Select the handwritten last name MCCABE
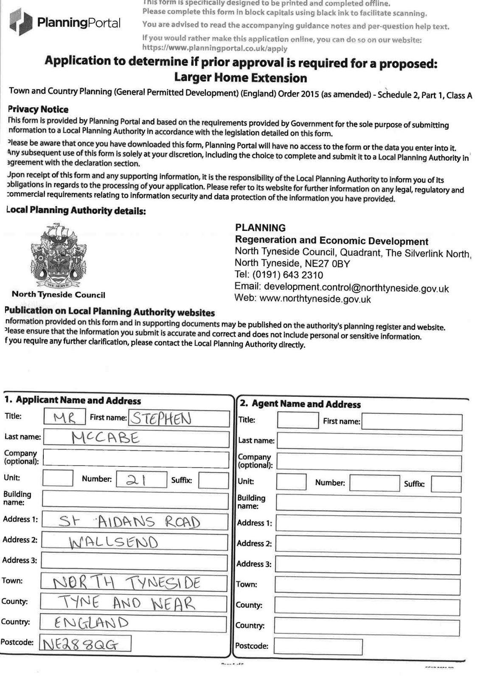pos(105,438)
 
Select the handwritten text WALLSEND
pos(113,542)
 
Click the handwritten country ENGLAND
pos(91,623)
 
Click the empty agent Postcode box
pos(318,646)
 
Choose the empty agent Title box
pos(298,420)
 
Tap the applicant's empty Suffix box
pos(213,480)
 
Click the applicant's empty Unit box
pos(58,478)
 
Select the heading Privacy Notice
pos(38,109)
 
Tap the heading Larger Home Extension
pos(240,78)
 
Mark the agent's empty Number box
pos(374,483)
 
